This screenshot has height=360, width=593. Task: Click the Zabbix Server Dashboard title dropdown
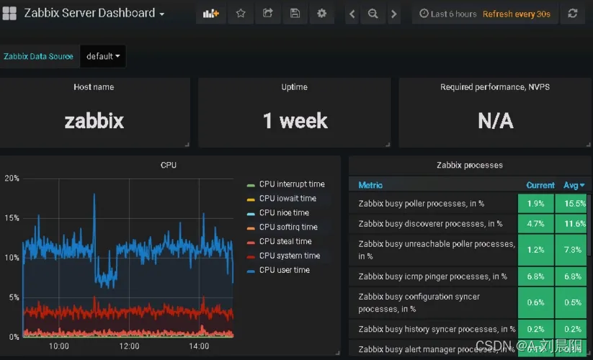coord(94,13)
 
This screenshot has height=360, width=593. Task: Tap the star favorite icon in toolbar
coord(241,13)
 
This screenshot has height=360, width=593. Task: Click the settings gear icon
coord(321,13)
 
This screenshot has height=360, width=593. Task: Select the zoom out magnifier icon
coord(373,13)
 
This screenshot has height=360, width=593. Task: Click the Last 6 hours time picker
coord(448,14)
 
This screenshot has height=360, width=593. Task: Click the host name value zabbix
coord(94,120)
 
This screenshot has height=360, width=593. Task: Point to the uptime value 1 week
coord(295,120)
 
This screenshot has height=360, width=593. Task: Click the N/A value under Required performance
coord(495,120)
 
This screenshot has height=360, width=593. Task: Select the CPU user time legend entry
coord(284,270)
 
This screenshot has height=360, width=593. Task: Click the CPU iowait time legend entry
coord(287,198)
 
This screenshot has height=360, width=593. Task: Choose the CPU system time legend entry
coord(289,256)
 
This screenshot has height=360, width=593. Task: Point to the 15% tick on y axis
coord(12,217)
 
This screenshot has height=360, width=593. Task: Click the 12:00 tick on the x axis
coord(128,346)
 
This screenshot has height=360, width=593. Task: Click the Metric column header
coord(370,185)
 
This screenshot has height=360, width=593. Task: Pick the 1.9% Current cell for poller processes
coord(535,204)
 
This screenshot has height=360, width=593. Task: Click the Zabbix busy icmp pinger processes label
coord(432,276)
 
